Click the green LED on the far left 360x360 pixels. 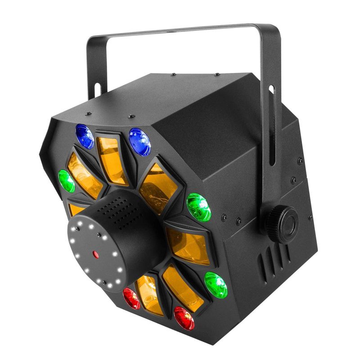(67, 181)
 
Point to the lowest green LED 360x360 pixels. (216, 284)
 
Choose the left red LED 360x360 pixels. (132, 297)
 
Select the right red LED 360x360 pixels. (184, 318)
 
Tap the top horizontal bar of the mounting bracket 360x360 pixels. (180, 31)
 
